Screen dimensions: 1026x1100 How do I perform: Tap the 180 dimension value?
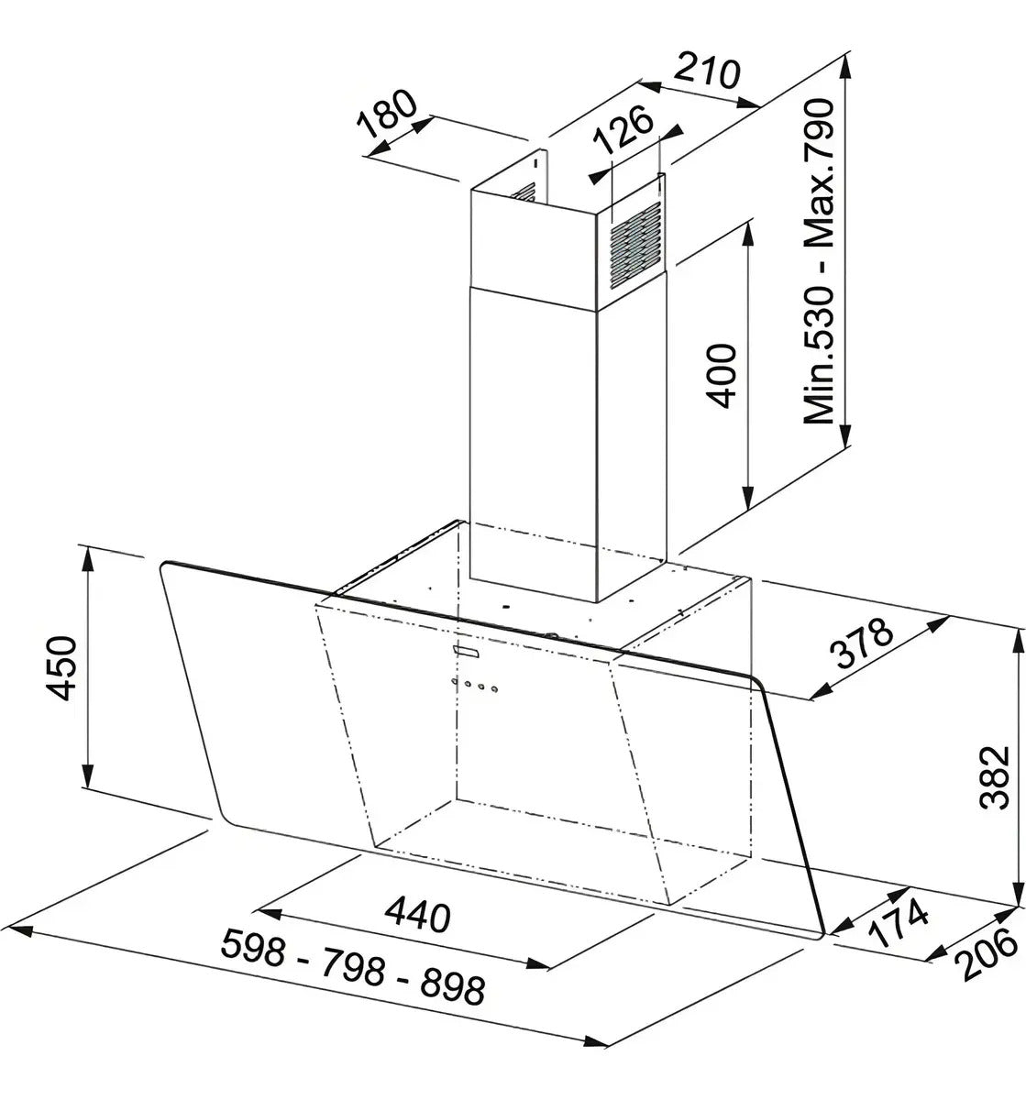(x=386, y=121)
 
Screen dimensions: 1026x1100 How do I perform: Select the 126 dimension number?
(x=623, y=131)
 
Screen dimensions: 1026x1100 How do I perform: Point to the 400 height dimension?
(x=721, y=376)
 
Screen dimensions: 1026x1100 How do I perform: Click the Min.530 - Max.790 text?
(x=819, y=261)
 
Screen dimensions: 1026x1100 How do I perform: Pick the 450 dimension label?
(x=61, y=669)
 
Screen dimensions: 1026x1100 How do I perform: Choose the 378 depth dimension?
(x=863, y=643)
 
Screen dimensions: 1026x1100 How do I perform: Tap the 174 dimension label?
(x=897, y=924)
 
